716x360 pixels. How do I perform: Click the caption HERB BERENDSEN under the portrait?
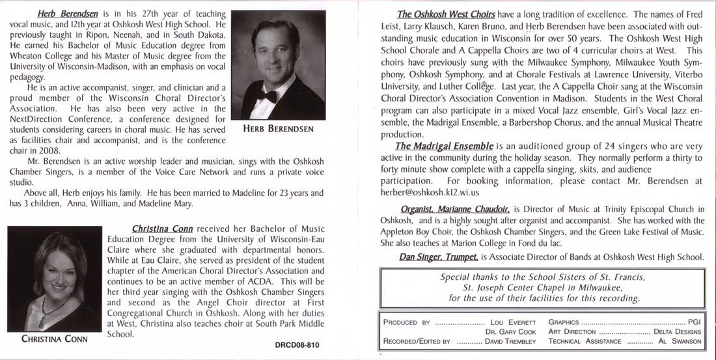click(278, 129)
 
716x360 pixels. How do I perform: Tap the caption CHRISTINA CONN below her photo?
click(55, 339)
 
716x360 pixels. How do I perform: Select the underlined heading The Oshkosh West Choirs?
click(446, 14)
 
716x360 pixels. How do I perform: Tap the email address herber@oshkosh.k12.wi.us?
click(430, 193)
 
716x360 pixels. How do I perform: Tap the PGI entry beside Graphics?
click(694, 322)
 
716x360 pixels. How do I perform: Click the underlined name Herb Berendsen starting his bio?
click(63, 14)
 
